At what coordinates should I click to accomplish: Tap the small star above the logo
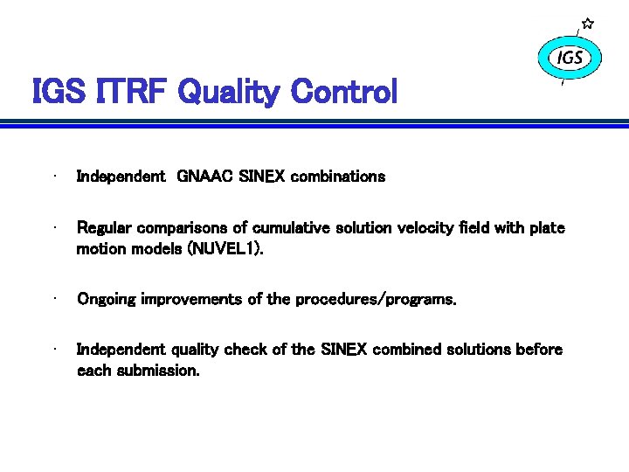(588, 23)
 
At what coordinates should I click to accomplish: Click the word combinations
(338, 177)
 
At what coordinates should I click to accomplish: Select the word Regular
(105, 228)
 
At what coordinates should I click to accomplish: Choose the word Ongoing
(107, 300)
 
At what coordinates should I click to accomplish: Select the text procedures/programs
(376, 300)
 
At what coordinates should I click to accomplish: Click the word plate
(546, 228)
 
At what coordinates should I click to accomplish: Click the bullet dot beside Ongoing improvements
(54, 298)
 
